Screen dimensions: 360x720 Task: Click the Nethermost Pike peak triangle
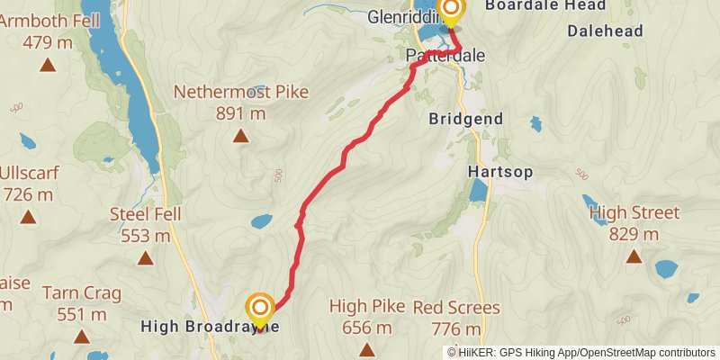240,136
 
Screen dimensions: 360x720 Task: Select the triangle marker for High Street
634,256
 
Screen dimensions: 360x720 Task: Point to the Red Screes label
456,308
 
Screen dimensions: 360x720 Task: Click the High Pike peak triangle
366,349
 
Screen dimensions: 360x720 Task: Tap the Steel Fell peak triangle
146,258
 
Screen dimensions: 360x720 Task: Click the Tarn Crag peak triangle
82,337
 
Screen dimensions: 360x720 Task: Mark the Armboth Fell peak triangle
48,64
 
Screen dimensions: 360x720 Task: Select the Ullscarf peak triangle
29,216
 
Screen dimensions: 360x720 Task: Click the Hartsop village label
500,171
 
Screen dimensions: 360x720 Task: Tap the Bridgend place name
466,119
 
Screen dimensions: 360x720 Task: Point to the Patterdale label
445,56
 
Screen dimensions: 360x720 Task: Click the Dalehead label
605,31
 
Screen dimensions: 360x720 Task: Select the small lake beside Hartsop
478,190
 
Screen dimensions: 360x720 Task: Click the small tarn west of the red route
261,220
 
